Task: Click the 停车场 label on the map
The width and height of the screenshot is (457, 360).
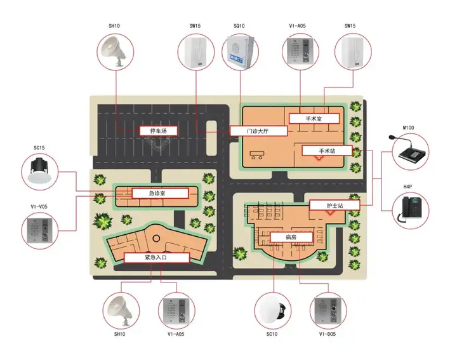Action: (158, 131)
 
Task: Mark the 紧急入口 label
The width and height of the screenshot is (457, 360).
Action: (156, 258)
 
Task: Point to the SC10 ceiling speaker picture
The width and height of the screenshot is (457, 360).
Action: (272, 310)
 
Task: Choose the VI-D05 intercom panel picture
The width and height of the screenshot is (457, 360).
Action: (329, 310)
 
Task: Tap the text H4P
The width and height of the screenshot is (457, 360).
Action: (407, 187)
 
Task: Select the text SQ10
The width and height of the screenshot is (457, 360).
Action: (239, 26)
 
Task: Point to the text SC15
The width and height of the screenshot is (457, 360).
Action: (39, 148)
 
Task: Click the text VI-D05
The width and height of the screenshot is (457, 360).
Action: (329, 334)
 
